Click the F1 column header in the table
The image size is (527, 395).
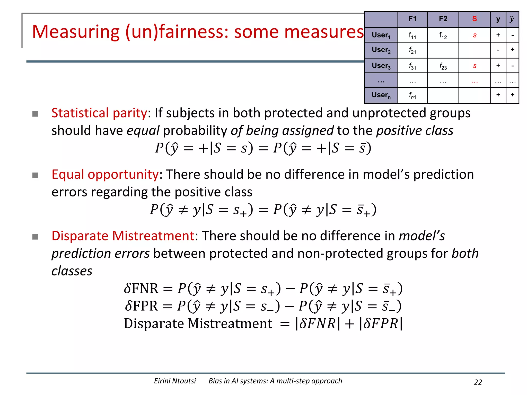coord(412,19)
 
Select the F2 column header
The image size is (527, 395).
coord(443,19)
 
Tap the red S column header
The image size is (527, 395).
coord(474,19)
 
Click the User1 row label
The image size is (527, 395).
coord(381,35)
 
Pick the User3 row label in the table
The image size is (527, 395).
coord(381,66)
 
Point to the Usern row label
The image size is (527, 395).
coord(381,95)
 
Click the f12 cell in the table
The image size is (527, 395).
coord(443,35)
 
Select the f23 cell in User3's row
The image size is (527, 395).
coord(443,66)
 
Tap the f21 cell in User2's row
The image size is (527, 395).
coord(412,50)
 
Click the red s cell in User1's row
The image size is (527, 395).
coord(475,35)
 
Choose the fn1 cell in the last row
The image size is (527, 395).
coord(412,95)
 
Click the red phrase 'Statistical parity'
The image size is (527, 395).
coord(99,113)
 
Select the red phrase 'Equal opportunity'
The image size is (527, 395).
coord(105,175)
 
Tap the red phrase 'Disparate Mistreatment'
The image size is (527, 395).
coord(123,236)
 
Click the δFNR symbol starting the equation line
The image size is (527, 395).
coord(141,288)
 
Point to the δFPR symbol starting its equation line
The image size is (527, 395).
coord(141,306)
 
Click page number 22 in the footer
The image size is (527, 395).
coord(478,382)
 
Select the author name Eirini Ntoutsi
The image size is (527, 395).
coord(175,381)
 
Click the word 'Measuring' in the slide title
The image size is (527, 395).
coord(76,32)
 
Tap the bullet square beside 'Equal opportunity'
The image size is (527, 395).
coord(35,175)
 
